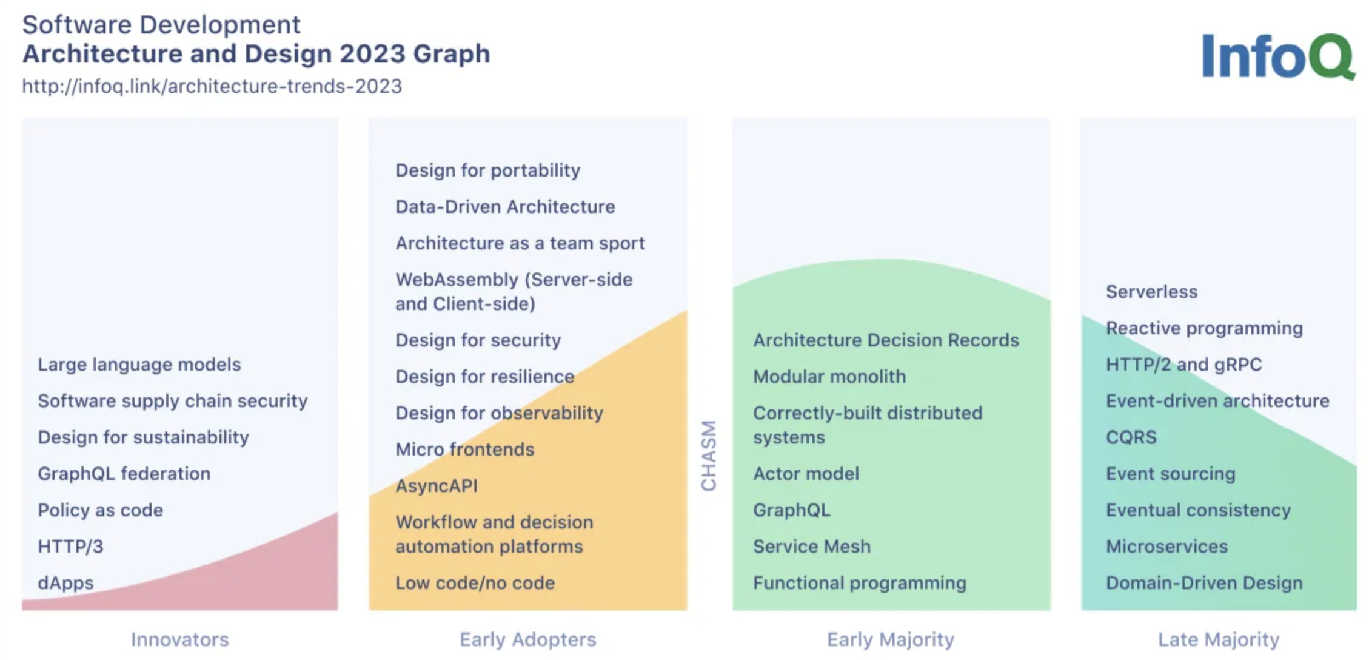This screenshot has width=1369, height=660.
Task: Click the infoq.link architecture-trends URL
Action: [212, 86]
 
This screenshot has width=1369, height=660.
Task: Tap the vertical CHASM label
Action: [708, 455]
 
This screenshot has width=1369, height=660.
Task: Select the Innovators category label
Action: [180, 639]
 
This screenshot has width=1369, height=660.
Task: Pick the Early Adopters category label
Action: [528, 639]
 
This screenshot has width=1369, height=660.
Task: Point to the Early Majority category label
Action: [891, 639]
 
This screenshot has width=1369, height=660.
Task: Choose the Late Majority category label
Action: [1219, 639]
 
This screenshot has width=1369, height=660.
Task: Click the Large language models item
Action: [139, 365]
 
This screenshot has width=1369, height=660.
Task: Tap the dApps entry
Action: [65, 583]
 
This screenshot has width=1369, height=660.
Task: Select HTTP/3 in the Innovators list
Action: [70, 547]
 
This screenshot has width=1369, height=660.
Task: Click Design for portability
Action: [488, 170]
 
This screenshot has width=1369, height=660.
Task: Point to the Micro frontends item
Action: [465, 450]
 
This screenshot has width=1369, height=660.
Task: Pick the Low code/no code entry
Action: [475, 583]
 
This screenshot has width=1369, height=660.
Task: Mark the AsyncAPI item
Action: [437, 486]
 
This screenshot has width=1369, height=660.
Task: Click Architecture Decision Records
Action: [886, 340]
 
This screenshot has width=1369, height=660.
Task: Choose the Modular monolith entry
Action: [829, 377]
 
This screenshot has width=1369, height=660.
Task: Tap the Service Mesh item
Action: [812, 547]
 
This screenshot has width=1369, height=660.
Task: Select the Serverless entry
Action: [1152, 292]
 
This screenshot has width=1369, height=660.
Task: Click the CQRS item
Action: [1131, 437]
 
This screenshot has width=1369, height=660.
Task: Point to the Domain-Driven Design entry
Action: [1205, 583]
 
